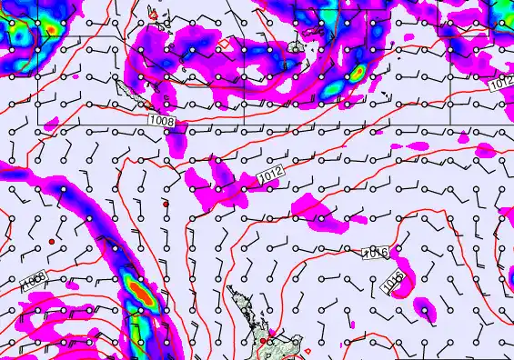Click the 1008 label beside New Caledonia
163,120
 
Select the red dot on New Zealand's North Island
264,342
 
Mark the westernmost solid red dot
52,241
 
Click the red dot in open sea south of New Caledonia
166,203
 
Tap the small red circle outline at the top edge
154,15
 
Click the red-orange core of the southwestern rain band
139,293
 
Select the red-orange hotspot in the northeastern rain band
358,70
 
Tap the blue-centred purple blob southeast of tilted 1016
424,308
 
